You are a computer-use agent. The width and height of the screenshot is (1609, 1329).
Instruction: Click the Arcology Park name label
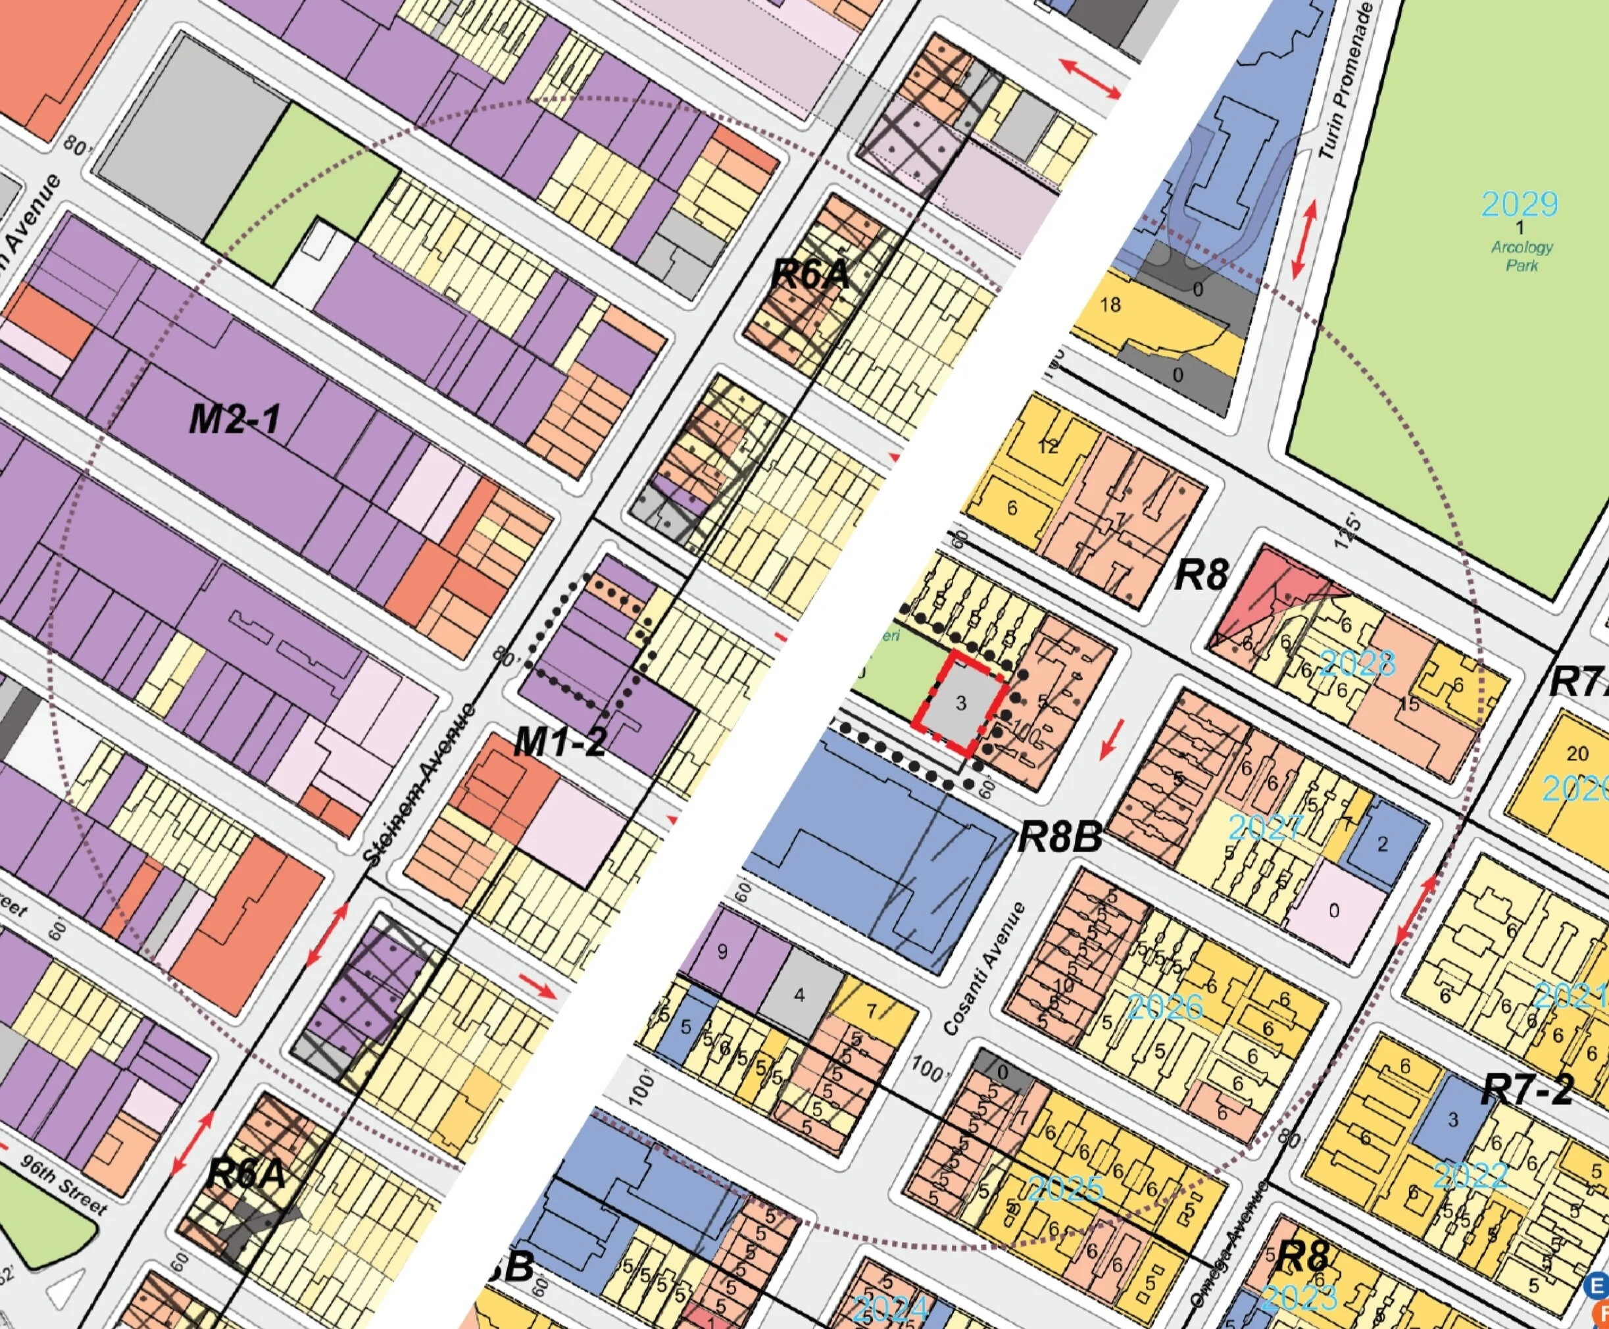click(1522, 256)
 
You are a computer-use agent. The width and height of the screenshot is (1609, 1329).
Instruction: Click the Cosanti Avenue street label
click(983, 970)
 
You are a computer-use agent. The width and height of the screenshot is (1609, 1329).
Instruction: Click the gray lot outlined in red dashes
click(960, 703)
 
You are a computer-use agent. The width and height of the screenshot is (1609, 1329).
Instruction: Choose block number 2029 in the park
click(1520, 205)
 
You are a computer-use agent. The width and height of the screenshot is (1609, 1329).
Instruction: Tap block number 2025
click(1066, 1189)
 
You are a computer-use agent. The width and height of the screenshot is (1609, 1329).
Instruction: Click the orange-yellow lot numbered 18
click(1110, 305)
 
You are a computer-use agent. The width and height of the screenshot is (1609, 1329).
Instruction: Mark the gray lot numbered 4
click(800, 995)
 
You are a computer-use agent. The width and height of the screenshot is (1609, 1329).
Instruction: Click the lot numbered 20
click(1577, 753)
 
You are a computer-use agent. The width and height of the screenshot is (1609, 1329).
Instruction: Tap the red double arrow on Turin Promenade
click(1305, 239)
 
